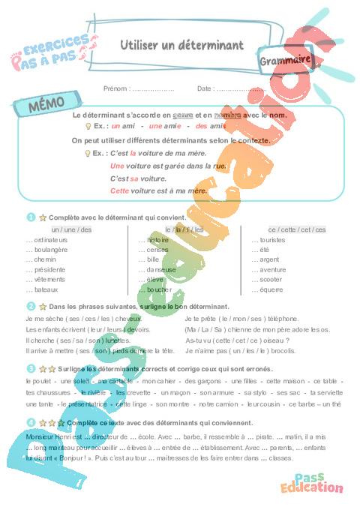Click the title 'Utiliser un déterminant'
(181, 46)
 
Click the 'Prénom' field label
(118, 88)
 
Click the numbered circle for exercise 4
(31, 422)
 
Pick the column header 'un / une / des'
(71, 229)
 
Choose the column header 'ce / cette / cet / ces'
(297, 229)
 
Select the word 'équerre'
(271, 289)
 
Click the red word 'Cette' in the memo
(120, 191)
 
